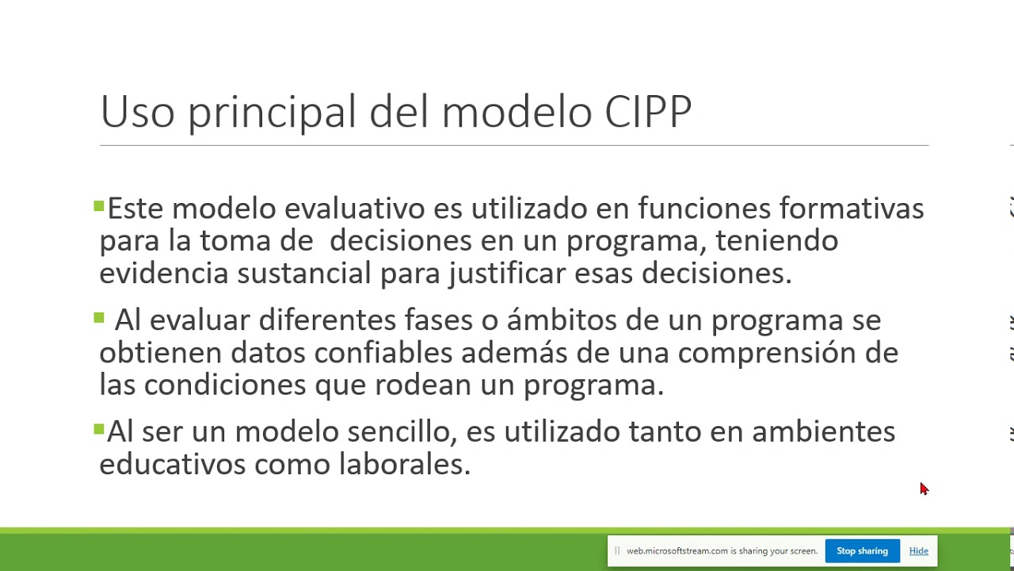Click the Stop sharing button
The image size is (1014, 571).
pos(862,551)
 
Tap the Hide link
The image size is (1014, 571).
pos(918,551)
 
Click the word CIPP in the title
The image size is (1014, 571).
pos(647,112)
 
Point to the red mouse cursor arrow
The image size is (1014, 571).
pos(924,489)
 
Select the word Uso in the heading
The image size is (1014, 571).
pos(137,112)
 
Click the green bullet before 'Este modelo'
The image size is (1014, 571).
pos(99,207)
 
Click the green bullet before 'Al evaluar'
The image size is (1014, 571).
pos(99,318)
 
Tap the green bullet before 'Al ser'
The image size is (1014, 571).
pos(99,430)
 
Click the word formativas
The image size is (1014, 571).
pos(852,209)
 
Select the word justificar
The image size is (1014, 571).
pos(507,274)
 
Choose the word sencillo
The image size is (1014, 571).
pos(402,432)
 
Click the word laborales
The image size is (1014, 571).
pos(404,465)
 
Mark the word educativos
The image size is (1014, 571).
pos(172,465)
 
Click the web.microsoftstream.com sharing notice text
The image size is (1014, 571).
pos(721,551)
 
